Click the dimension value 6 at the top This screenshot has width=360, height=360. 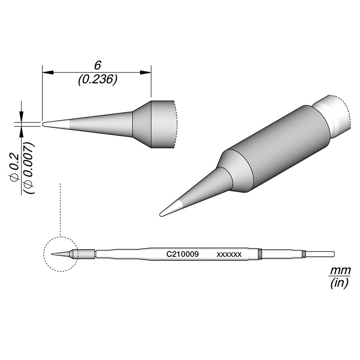[x=96, y=65]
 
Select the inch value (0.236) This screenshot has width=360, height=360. [x=98, y=80]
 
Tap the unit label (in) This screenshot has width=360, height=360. [x=340, y=284]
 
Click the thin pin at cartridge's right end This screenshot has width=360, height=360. [x=320, y=254]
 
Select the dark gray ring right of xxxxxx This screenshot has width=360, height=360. [x=260, y=254]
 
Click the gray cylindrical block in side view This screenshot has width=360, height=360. [x=162, y=124]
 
